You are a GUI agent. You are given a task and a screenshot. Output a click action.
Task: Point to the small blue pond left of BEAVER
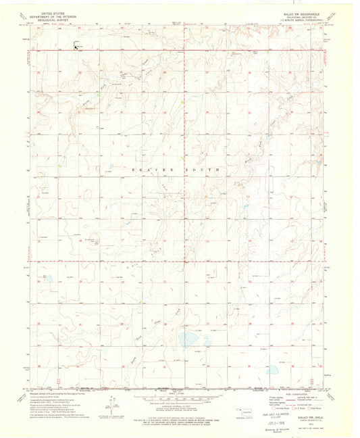[x=109, y=170]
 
